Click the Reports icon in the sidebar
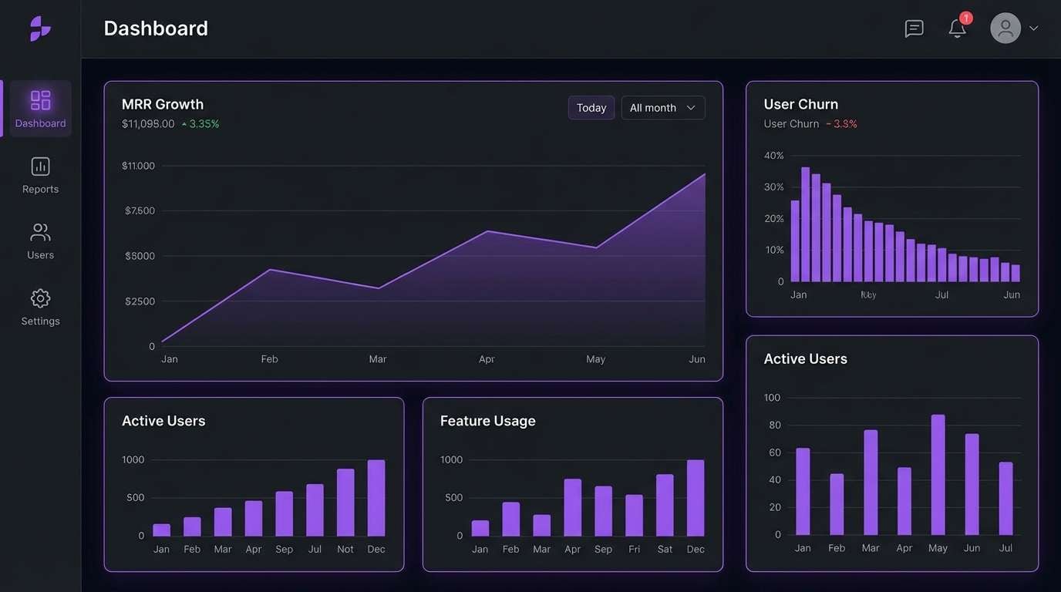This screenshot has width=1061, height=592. tap(40, 167)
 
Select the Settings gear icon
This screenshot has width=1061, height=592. tap(40, 299)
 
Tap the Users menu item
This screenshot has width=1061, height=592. tap(40, 241)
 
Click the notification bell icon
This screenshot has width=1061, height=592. tap(957, 29)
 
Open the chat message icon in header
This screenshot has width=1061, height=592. tap(914, 29)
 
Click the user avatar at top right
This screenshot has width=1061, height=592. tap(1005, 29)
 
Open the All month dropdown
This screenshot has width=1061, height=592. tap(662, 108)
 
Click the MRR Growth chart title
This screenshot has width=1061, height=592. tap(163, 104)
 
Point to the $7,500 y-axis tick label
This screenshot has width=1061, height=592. tap(140, 210)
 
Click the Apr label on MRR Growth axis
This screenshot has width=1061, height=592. tap(486, 359)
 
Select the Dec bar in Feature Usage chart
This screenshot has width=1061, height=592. tap(695, 498)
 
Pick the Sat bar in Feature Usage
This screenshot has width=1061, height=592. tap(665, 505)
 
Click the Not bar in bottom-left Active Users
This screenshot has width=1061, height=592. tap(345, 503)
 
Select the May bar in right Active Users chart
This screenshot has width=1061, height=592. tap(938, 475)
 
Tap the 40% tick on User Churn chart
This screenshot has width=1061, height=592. tap(773, 156)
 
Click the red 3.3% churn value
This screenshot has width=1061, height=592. tap(844, 124)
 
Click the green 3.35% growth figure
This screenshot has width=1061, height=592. tap(204, 124)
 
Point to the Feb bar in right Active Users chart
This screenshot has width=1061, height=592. tap(837, 504)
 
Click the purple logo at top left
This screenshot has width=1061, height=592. tap(40, 29)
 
